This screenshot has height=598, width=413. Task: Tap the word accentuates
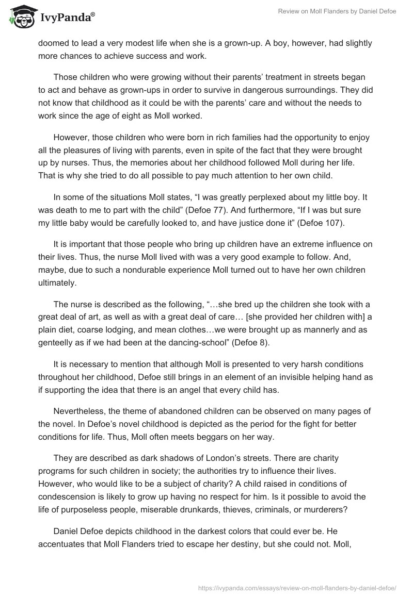coord(65,542)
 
